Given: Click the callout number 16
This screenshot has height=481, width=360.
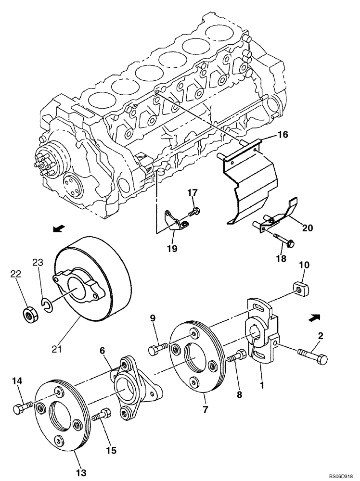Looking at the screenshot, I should point(283,135).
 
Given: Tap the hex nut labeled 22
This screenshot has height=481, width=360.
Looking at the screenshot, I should point(31,315).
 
